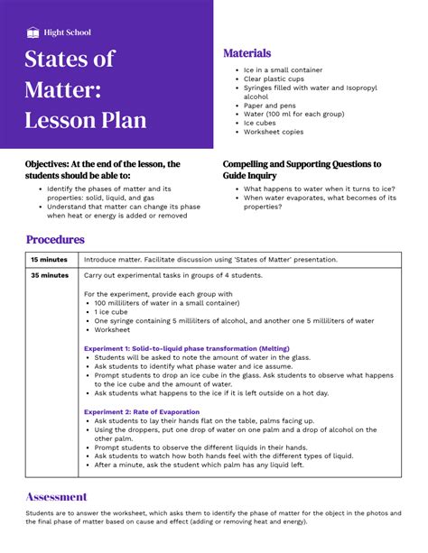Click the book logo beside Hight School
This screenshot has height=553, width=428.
point(33,32)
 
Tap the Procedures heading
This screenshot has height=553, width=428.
point(55,240)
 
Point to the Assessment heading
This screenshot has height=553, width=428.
point(56,496)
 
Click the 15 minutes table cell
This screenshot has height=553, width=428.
point(48,260)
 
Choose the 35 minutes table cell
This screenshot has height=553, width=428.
point(49,275)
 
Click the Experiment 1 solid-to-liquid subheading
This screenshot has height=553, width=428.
point(187,347)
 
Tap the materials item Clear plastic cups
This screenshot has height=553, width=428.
point(274,79)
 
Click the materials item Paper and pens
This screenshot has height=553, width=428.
point(270,106)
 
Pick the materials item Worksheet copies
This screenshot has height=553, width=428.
point(274,132)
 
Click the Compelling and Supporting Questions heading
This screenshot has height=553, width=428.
point(302,170)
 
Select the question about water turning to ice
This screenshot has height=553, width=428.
point(319,189)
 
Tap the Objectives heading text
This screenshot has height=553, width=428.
point(104,170)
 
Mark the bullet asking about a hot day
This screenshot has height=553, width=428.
point(211,392)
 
